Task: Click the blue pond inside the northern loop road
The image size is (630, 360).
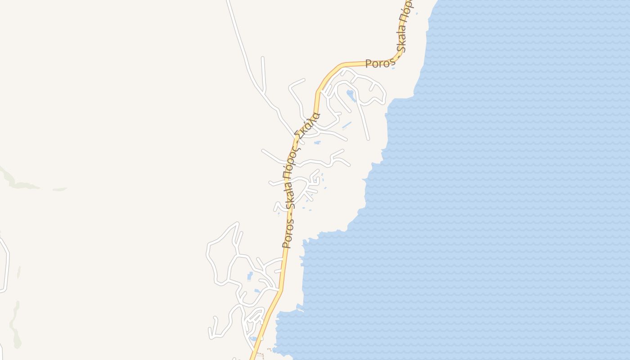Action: coord(351,95)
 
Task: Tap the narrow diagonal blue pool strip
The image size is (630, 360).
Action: coord(346,125)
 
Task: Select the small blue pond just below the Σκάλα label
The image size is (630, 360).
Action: coord(317,143)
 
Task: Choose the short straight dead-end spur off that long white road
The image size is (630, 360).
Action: coord(263,72)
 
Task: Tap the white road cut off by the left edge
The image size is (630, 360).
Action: coord(6,265)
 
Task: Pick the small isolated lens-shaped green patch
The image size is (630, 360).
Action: coord(59,189)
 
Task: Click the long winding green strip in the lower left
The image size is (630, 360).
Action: coord(15,324)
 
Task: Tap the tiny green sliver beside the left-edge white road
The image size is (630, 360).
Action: coord(19,272)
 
